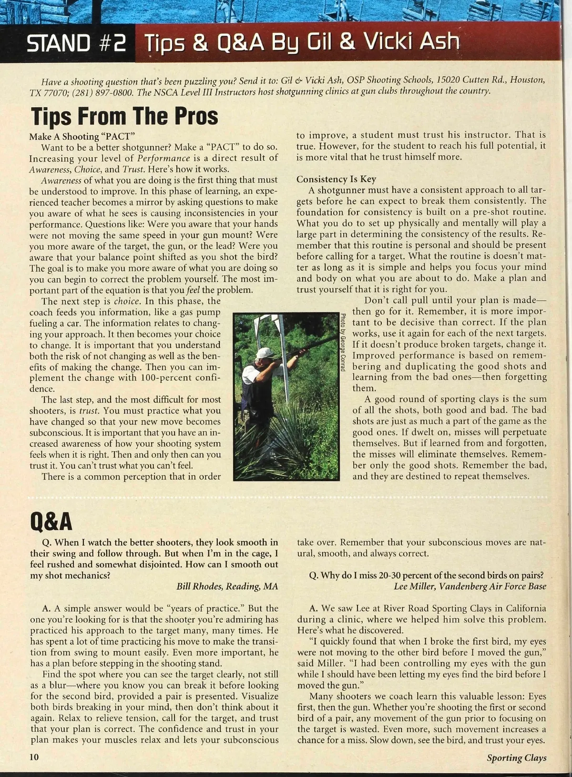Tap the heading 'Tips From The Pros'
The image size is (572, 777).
tap(124, 116)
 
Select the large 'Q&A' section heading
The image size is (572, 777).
tap(51, 522)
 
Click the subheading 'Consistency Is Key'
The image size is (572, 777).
tap(336, 179)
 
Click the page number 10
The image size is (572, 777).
tap(34, 757)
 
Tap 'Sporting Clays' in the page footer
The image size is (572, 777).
tap(516, 757)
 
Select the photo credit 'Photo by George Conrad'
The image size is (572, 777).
tap(343, 342)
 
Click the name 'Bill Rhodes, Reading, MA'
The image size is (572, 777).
tap(227, 586)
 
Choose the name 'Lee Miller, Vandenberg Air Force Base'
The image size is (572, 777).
tap(470, 586)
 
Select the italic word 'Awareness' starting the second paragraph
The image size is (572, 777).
tap(61, 180)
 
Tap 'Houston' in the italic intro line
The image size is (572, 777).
tap(527, 80)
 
